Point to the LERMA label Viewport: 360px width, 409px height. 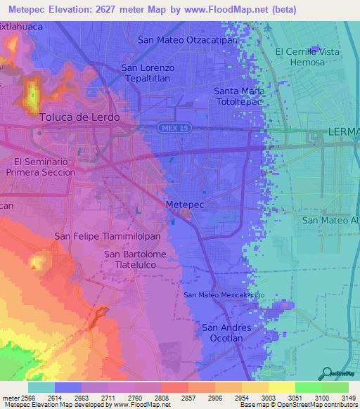pos(343,132)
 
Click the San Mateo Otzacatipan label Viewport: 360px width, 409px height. pos(188,40)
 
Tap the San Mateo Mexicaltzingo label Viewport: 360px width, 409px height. pos(224,295)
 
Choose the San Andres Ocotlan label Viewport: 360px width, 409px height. pos(226,333)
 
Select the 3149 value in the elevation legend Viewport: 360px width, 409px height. pos(342,397)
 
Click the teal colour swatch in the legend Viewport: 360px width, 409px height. pos(41,387)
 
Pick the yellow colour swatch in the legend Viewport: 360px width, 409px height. pos(281,387)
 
